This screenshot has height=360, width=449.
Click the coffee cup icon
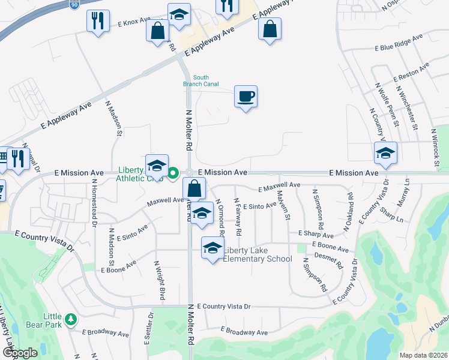click(x=246, y=96)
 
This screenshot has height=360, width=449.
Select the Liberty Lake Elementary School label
click(x=258, y=254)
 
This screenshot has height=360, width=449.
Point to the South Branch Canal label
click(x=200, y=80)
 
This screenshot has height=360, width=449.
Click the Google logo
click(x=19, y=353)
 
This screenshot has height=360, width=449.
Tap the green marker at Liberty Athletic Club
click(x=173, y=173)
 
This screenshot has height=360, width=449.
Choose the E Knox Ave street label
click(x=134, y=22)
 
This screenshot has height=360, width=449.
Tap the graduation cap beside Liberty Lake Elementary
click(x=212, y=248)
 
